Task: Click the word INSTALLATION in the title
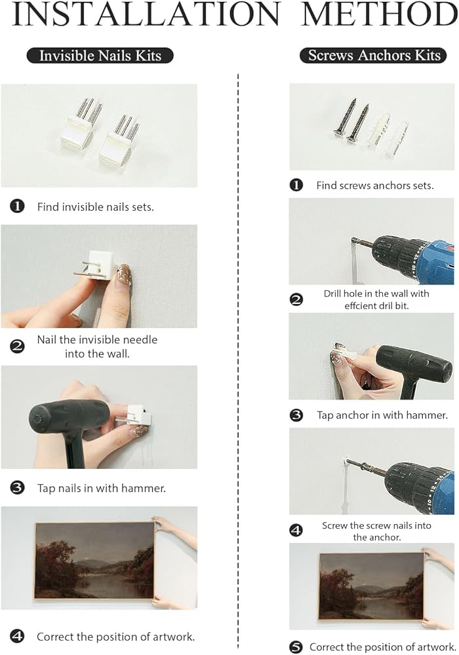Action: (x=146, y=14)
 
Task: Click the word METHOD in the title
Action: (x=380, y=14)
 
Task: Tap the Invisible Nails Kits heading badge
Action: (x=100, y=56)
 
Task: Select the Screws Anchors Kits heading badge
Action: (x=373, y=55)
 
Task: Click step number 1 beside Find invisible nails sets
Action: (x=17, y=206)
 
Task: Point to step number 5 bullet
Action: (x=296, y=647)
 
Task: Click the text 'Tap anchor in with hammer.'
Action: (x=382, y=415)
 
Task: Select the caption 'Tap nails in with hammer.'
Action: (x=101, y=488)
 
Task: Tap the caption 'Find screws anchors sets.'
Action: (x=375, y=185)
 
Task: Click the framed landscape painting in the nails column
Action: (x=95, y=561)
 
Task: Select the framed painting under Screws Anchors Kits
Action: (x=372, y=586)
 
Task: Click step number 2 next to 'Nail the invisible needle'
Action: (x=17, y=346)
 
